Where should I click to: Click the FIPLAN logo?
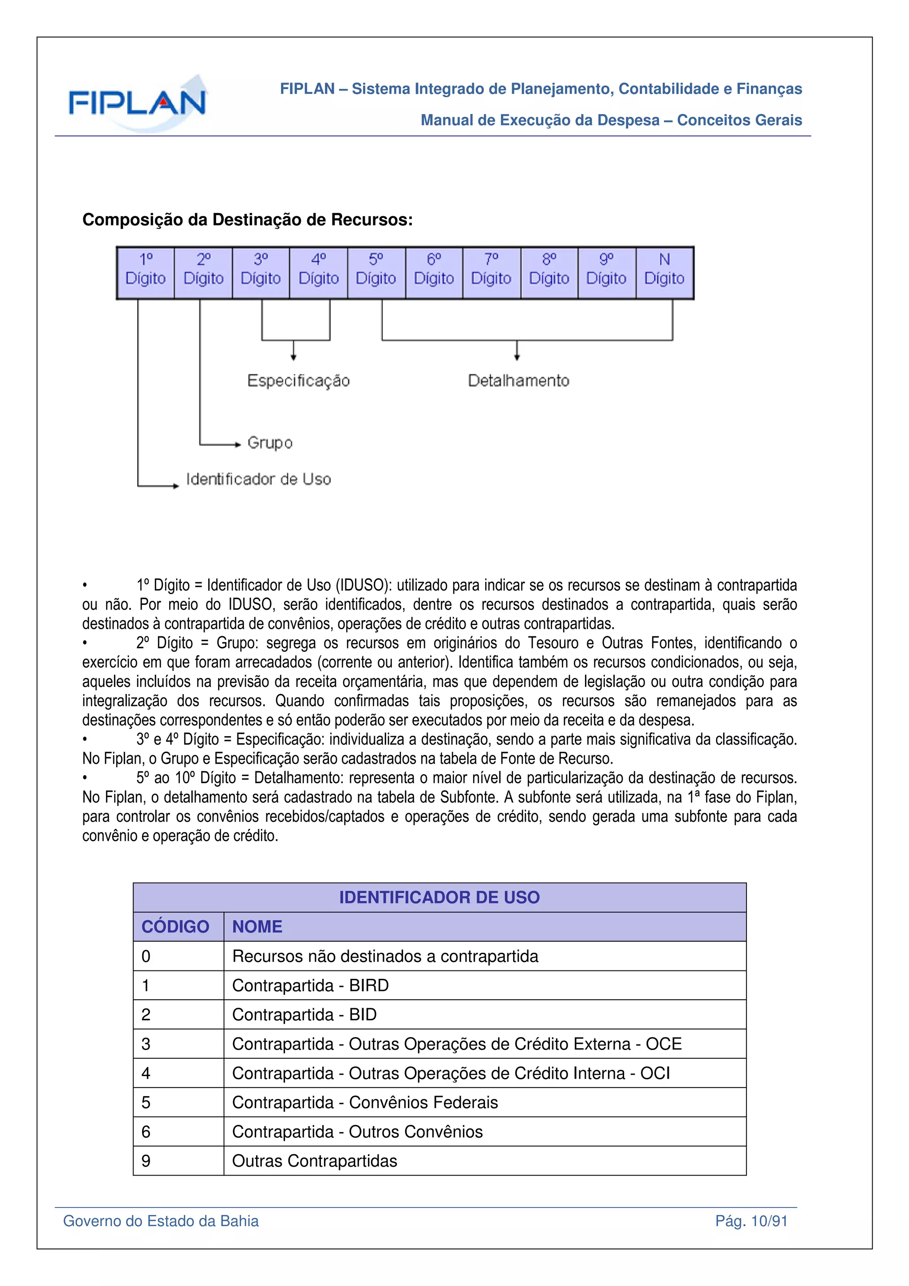[138, 103]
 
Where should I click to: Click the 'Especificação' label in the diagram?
[299, 381]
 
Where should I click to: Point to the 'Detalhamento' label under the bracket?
[518, 381]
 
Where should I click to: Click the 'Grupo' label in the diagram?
[270, 443]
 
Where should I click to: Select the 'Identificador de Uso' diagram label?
[258, 479]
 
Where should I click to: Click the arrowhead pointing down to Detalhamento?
[517, 357]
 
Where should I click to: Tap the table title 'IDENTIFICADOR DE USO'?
[439, 898]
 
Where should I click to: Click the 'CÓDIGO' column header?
[175, 927]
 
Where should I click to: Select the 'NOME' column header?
[257, 927]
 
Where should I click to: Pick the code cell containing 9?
[146, 1161]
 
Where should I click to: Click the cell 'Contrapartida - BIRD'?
[310, 985]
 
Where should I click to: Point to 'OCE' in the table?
[664, 1044]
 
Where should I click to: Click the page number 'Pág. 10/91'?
[751, 1222]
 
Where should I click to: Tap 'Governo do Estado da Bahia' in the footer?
[161, 1222]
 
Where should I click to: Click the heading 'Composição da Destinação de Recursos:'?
[248, 220]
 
